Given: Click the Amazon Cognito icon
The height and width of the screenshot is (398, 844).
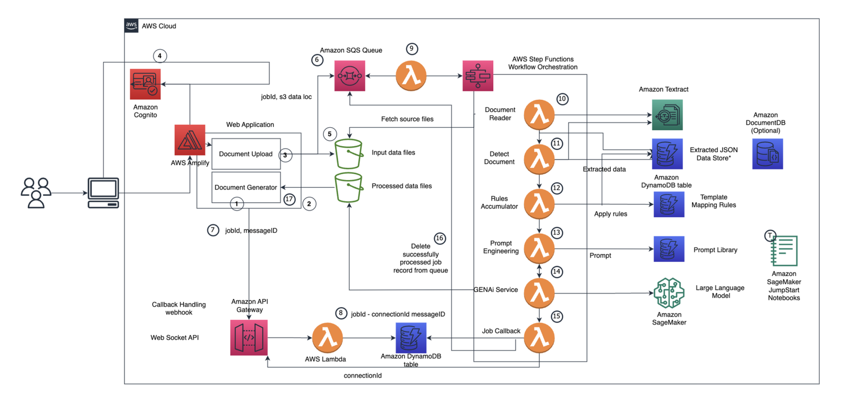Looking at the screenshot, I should coord(145,84).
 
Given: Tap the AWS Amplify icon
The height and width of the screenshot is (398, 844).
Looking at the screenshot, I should coord(189,140).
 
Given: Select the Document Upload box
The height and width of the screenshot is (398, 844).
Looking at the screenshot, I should coord(246,154).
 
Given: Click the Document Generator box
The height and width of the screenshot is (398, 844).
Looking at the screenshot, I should coord(246,187).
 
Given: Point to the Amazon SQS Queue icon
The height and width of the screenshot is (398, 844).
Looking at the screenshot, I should coord(350,76).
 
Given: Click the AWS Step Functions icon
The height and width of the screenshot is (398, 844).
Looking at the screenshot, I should coord(477,76).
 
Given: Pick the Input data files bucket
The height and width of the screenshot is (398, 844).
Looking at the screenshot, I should coord(349,154).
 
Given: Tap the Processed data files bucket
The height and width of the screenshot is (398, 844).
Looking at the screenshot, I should coord(349,187).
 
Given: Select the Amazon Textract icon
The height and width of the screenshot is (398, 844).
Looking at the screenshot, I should coord(667,115).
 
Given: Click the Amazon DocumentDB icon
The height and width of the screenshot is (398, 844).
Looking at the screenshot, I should coord(767,154).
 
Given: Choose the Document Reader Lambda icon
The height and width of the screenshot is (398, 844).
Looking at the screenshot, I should coord(539,115).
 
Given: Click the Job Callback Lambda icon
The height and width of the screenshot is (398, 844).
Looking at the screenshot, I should coord(539,338).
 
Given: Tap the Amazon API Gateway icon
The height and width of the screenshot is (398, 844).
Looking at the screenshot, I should coord(249,337).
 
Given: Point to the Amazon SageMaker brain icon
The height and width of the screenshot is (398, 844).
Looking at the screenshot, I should coord(668,293).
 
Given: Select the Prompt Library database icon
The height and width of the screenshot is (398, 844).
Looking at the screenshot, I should coord(669,249).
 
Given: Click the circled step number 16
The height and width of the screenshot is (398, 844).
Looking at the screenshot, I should coord(439,239).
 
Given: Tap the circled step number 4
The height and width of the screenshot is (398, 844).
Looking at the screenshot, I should coord(160,56).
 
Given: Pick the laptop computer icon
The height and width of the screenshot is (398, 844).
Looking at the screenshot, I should coord(103,193).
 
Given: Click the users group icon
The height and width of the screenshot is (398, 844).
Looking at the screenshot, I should coord(36,193).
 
